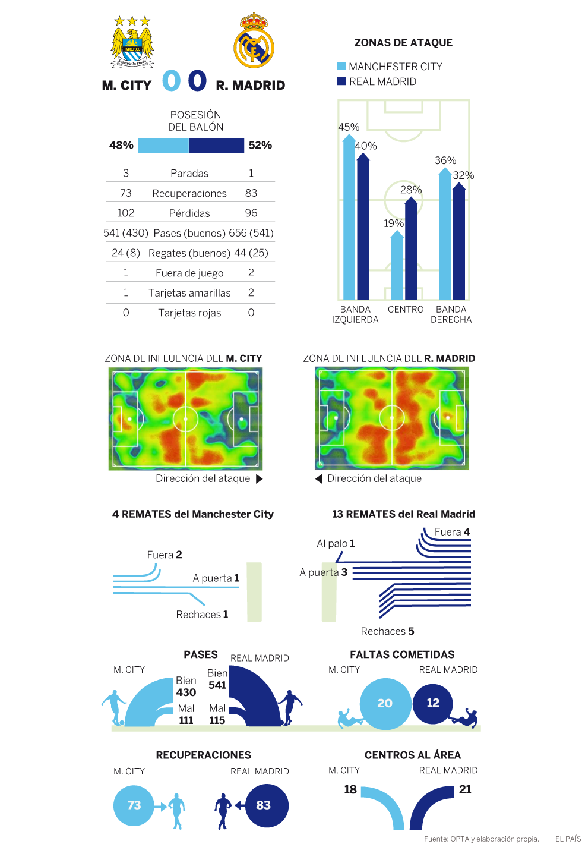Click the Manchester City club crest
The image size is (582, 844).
(132, 42)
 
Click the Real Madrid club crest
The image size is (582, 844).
(254, 41)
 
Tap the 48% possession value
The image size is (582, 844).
(121, 145)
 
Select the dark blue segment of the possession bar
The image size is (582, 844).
(216, 146)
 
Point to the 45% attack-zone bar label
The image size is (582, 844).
(349, 127)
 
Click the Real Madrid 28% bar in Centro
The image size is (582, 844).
(411, 250)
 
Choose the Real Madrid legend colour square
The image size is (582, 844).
(341, 81)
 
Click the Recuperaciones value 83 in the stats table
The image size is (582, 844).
(251, 193)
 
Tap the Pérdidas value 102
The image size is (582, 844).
(126, 213)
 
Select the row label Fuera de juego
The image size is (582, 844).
(189, 273)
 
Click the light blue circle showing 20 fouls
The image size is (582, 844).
(385, 704)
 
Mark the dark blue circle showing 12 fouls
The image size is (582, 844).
(433, 703)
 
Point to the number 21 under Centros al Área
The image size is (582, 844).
(465, 789)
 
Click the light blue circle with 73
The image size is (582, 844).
(134, 805)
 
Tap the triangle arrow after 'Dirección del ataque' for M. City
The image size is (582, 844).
(259, 479)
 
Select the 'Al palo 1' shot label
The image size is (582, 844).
(336, 543)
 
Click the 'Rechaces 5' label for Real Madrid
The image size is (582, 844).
(387, 631)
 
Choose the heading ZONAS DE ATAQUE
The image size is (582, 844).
(403, 43)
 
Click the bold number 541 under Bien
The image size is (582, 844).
(217, 685)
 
